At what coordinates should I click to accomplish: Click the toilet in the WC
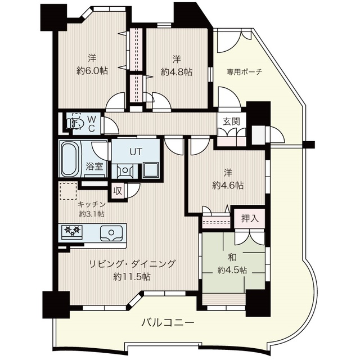(x=75, y=123)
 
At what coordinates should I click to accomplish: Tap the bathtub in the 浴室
(x=70, y=159)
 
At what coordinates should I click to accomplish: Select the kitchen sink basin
(x=111, y=233)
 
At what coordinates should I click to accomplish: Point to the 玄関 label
(x=231, y=121)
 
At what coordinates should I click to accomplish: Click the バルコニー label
(x=168, y=323)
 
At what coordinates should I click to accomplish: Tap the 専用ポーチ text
(x=245, y=72)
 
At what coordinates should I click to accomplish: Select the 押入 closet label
(x=250, y=219)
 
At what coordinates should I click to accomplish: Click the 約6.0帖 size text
(x=92, y=71)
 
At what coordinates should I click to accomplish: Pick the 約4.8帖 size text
(x=177, y=73)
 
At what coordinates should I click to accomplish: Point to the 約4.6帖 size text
(x=228, y=185)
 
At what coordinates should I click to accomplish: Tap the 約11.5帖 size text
(x=132, y=277)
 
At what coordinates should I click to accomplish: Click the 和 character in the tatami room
(x=232, y=258)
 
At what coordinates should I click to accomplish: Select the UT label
(x=136, y=152)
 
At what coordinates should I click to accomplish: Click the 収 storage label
(x=118, y=191)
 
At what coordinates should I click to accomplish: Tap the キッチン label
(x=92, y=204)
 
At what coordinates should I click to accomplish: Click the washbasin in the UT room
(x=125, y=170)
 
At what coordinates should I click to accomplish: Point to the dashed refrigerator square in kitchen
(x=68, y=191)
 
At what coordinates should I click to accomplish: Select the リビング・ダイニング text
(x=133, y=264)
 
